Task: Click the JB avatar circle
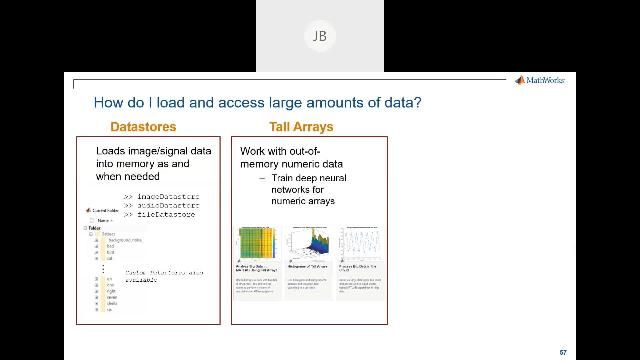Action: tap(319, 37)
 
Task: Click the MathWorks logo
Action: tap(540, 80)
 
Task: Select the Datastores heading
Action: tap(143, 127)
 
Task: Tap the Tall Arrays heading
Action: tap(301, 127)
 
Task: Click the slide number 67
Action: tap(563, 352)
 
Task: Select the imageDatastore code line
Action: tap(161, 196)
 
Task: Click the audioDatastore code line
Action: tap(161, 205)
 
